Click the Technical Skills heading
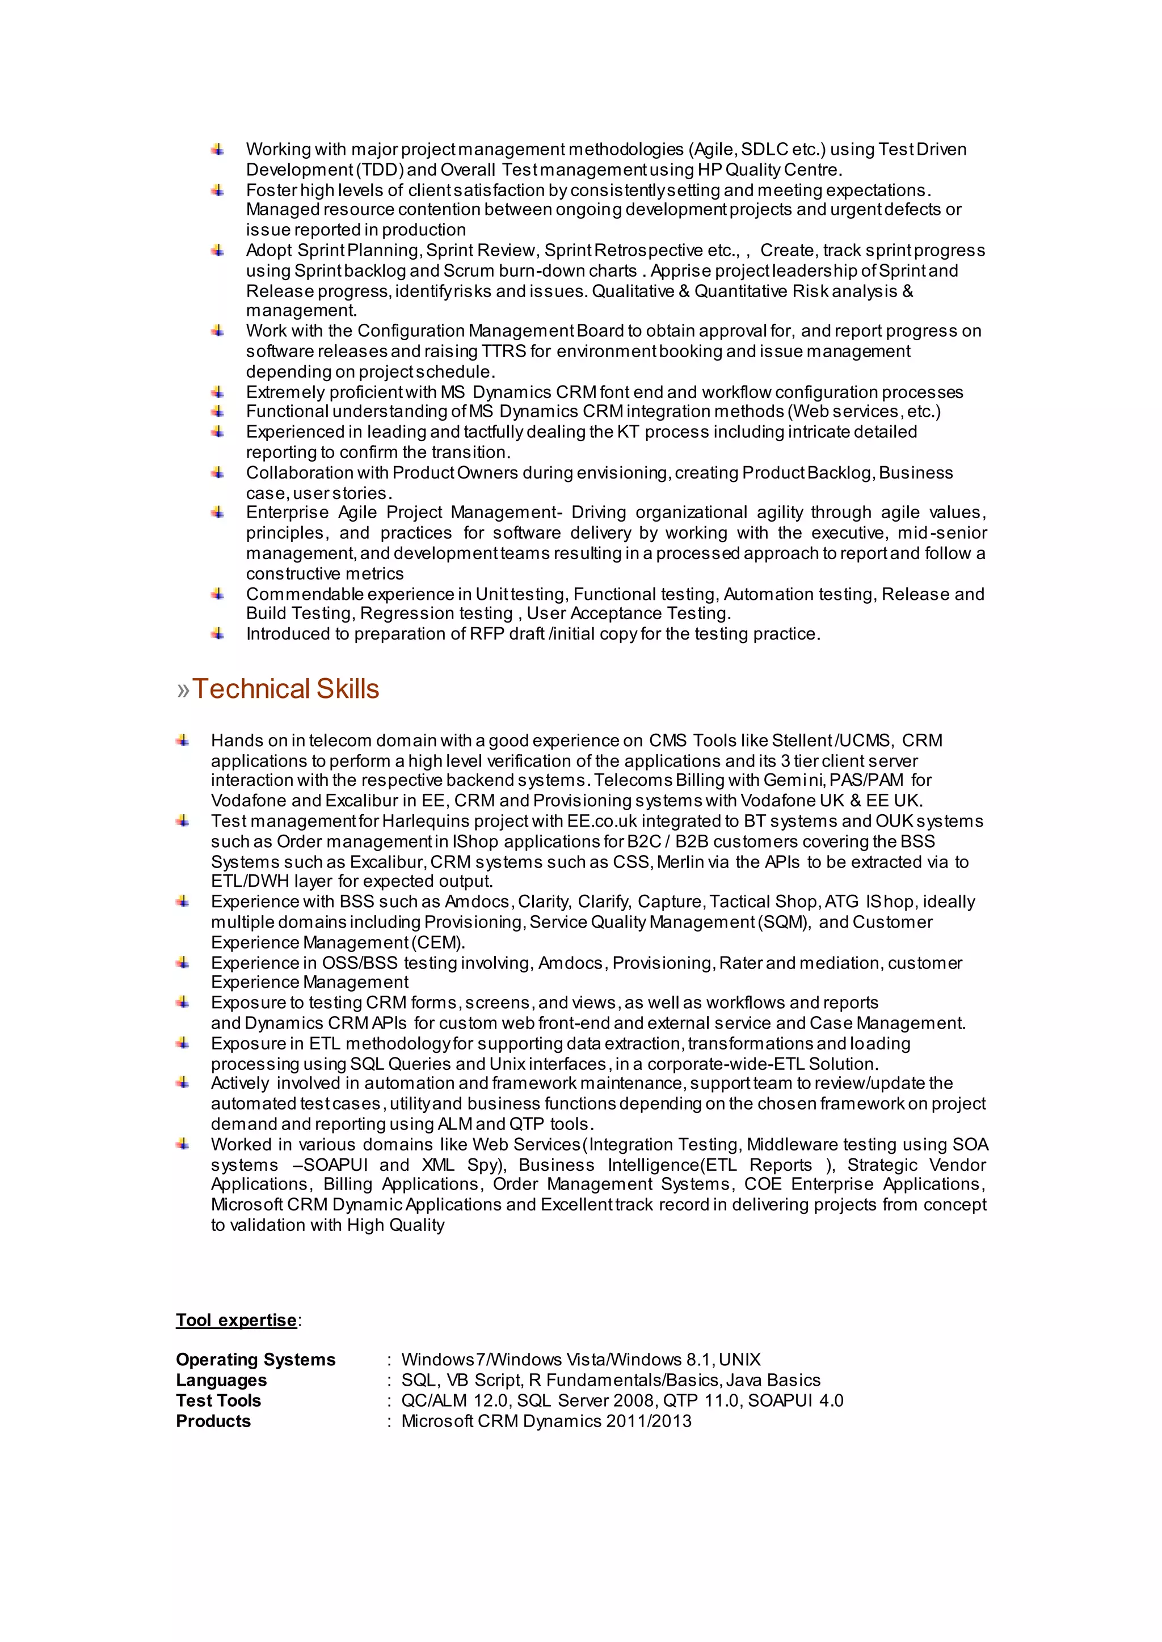tap(285, 689)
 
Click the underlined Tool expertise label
tap(236, 1320)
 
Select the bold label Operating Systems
tap(255, 1360)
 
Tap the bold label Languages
tap(221, 1380)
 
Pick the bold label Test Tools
tap(218, 1400)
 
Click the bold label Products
tap(213, 1421)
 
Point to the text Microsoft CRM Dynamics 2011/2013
tap(546, 1421)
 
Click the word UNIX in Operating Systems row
tap(739, 1360)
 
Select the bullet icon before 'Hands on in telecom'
tap(183, 740)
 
